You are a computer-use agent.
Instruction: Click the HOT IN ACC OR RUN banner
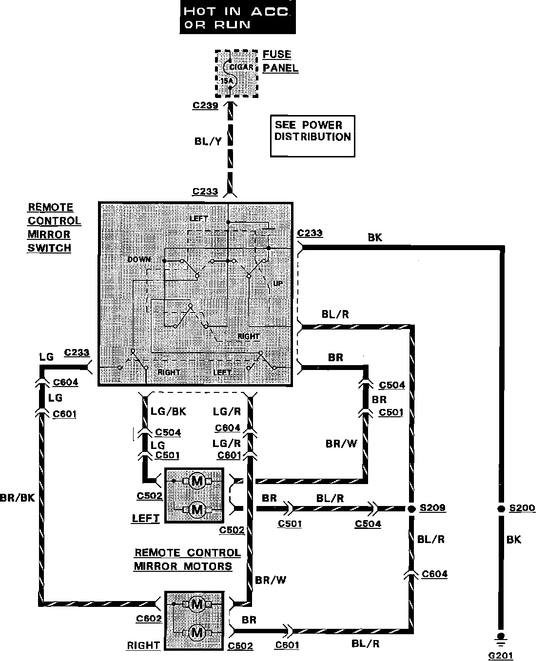click(x=237, y=18)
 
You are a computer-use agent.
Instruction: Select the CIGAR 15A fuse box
click(x=236, y=74)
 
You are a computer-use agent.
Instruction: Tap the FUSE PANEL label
click(x=280, y=61)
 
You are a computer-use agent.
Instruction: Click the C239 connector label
click(x=205, y=105)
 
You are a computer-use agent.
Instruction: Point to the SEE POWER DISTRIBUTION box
click(x=312, y=136)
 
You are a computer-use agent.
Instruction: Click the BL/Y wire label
click(x=208, y=141)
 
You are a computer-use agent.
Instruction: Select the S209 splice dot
click(x=410, y=508)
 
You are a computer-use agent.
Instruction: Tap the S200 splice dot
click(x=500, y=508)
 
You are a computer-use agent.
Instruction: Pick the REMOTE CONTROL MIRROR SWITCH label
click(x=54, y=228)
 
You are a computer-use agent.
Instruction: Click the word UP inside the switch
click(x=278, y=283)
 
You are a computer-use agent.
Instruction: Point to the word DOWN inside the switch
click(x=139, y=259)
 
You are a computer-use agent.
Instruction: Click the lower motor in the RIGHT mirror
click(x=197, y=633)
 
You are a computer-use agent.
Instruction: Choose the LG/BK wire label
click(x=169, y=411)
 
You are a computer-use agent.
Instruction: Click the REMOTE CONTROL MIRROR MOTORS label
click(x=187, y=559)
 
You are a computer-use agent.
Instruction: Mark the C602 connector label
click(x=149, y=619)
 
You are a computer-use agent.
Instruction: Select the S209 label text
click(x=432, y=508)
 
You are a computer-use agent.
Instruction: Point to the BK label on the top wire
click(x=375, y=237)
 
